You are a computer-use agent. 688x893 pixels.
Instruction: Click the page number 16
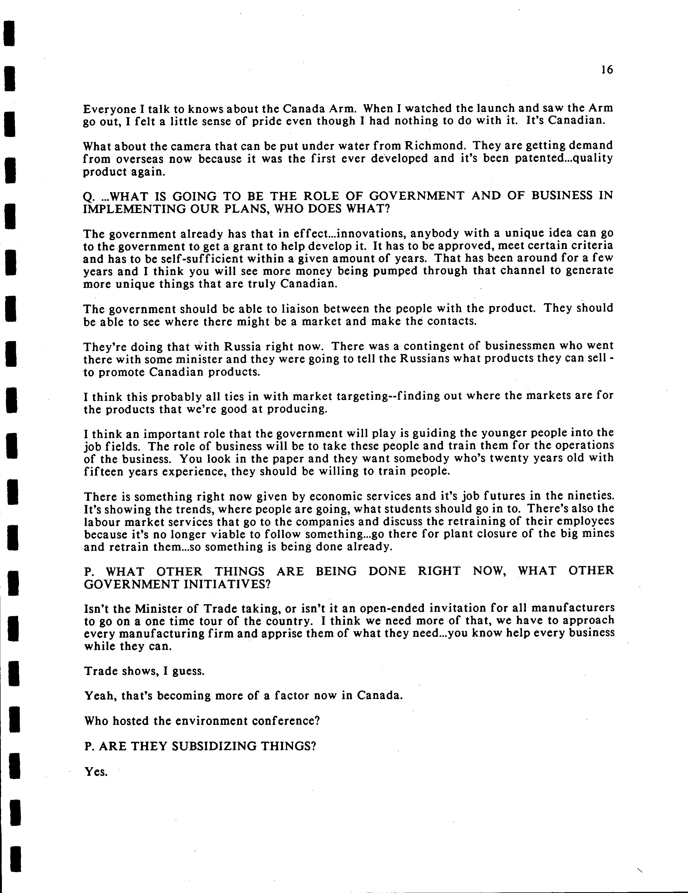[607, 70]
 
